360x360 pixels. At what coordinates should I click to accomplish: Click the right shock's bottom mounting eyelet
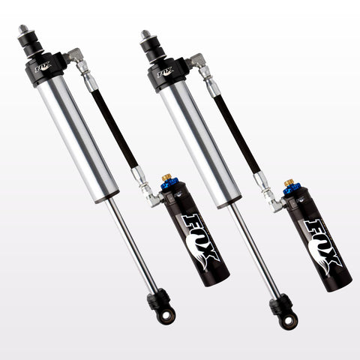(x=288, y=321)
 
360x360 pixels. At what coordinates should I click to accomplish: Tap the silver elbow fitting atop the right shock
(x=197, y=61)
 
